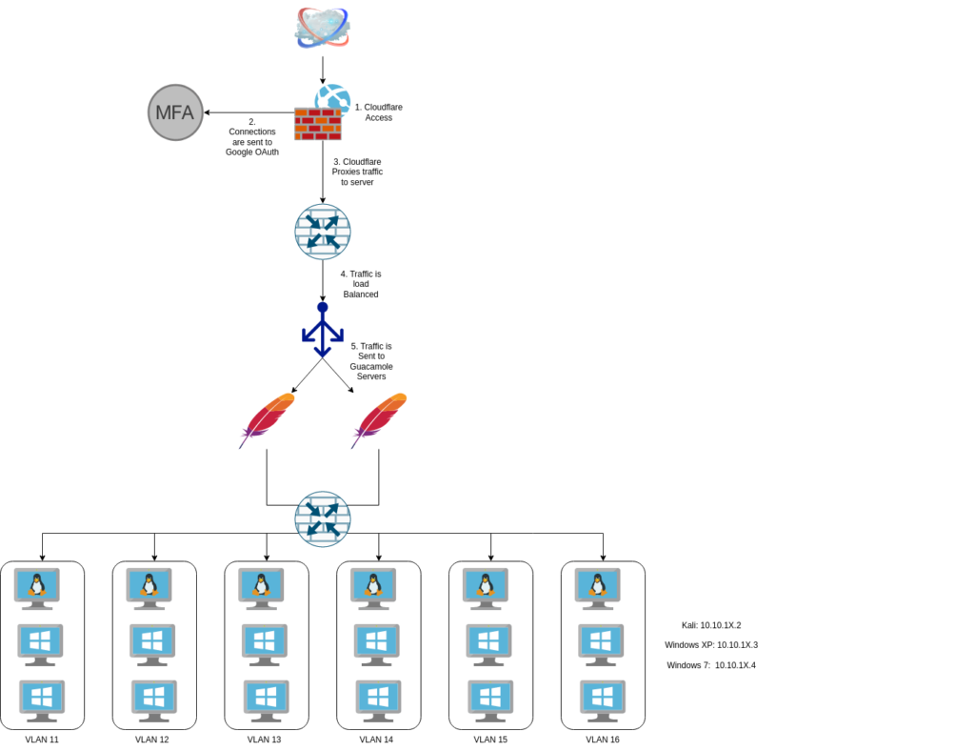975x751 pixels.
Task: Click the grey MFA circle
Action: [x=175, y=112]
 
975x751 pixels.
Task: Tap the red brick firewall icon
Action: [x=318, y=124]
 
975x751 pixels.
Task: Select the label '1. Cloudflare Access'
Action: [x=378, y=112]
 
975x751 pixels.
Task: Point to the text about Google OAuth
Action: [x=252, y=136]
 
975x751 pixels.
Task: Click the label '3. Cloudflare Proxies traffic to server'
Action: [x=357, y=172]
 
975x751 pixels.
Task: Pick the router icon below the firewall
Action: [x=323, y=232]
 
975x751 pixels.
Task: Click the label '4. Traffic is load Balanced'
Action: [x=361, y=284]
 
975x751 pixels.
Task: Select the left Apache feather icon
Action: [x=268, y=419]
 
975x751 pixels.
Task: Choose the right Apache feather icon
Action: [x=379, y=419]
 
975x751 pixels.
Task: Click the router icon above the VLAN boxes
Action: [x=323, y=518]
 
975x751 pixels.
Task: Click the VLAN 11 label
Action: [x=42, y=740]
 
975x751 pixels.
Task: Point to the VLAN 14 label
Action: [x=378, y=740]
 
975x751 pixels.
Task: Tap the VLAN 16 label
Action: [x=603, y=740]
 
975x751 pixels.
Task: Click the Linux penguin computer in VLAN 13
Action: [x=266, y=588]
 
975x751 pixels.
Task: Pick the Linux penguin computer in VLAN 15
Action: [x=490, y=588]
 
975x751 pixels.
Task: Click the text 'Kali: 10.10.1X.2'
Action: [x=711, y=625]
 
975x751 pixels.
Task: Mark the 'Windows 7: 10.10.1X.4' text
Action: [x=711, y=665]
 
